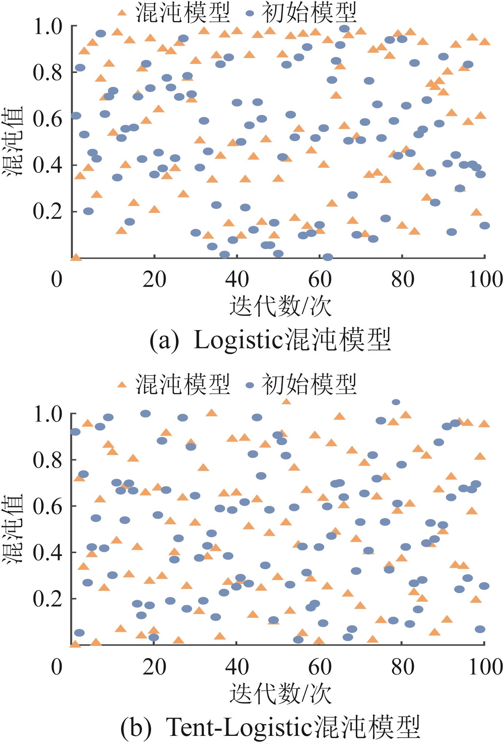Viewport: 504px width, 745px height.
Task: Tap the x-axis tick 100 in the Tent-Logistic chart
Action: [x=485, y=667]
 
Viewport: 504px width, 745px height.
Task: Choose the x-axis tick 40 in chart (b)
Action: [x=237, y=667]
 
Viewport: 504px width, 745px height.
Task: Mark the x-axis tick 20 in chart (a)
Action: [x=154, y=280]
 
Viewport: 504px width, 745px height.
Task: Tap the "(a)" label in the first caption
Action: [x=164, y=340]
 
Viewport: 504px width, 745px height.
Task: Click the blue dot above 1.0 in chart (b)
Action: [x=396, y=402]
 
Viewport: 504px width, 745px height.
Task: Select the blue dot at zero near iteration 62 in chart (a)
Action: [x=328, y=257]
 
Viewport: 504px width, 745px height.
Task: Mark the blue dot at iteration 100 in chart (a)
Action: [x=485, y=225]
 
